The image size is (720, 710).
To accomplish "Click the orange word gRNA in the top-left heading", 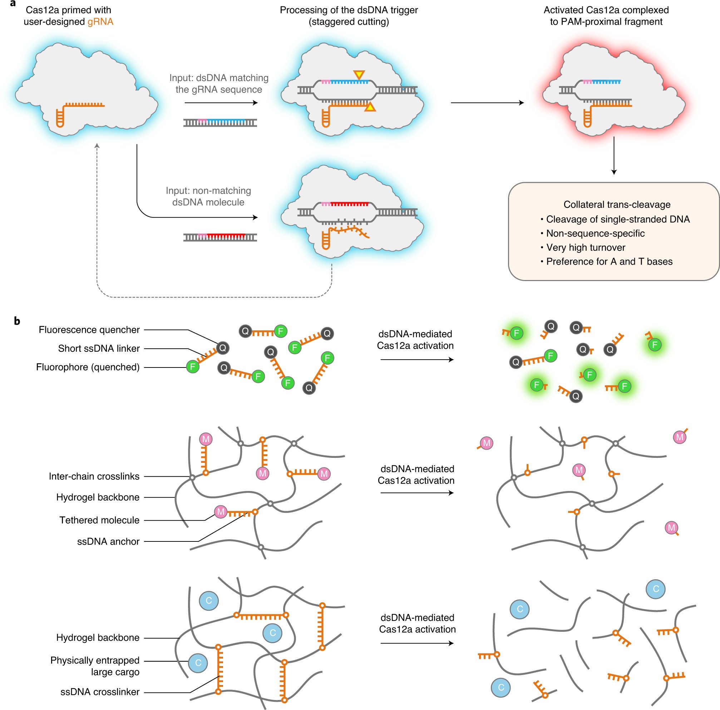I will (100, 21).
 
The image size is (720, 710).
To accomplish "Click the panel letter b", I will (17, 321).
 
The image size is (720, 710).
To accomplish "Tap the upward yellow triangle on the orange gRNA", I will (370, 107).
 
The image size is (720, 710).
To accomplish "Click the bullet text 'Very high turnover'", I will (586, 247).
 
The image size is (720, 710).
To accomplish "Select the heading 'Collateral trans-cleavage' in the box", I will (617, 204).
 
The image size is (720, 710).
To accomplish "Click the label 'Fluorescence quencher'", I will (89, 330).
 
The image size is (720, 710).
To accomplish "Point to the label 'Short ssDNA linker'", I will (99, 349).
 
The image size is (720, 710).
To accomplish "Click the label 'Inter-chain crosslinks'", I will (94, 476).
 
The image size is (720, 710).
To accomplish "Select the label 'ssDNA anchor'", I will (108, 541).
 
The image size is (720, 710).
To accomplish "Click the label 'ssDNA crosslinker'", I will (100, 692).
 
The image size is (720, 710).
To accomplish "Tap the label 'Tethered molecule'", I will (99, 520).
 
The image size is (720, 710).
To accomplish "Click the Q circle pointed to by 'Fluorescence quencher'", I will (223, 348).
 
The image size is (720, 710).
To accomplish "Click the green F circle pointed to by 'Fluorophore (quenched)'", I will (193, 367).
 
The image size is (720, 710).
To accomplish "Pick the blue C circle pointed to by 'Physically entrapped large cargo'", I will (198, 663).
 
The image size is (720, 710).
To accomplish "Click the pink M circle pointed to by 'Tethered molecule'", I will (221, 511).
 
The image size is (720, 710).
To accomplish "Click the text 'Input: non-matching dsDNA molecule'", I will (208, 196).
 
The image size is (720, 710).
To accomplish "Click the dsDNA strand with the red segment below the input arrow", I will (220, 237).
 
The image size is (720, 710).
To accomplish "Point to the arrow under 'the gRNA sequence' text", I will (221, 103).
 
